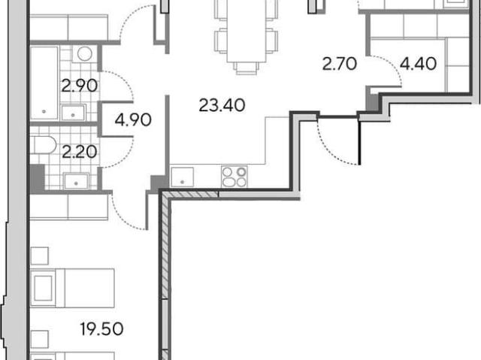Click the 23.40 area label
[222, 105]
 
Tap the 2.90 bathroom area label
[80, 86]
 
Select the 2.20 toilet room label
[80, 152]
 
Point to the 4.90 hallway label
[133, 120]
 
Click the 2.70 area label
[340, 64]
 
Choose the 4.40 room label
[419, 64]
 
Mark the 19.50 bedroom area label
[102, 329]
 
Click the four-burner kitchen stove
[234, 177]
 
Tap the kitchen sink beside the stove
[182, 177]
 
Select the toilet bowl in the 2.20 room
[44, 145]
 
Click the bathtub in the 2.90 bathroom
[44, 83]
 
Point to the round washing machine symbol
[85, 54]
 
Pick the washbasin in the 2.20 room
[76, 181]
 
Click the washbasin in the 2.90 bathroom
[73, 113]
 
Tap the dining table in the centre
[247, 31]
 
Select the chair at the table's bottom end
[247, 68]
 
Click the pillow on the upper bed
[43, 289]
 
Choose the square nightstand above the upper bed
[40, 256]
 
